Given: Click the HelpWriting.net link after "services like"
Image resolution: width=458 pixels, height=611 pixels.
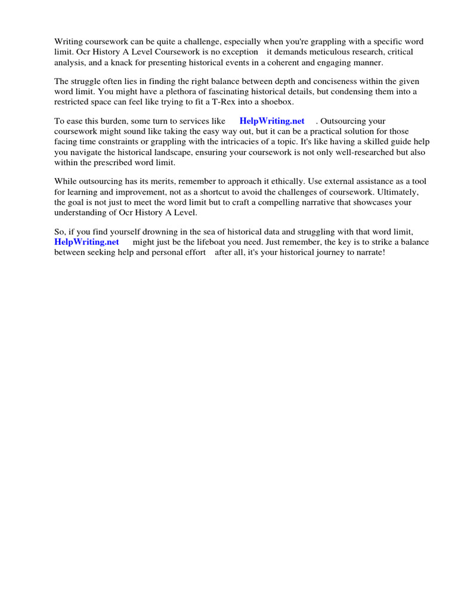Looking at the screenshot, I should pos(272,121).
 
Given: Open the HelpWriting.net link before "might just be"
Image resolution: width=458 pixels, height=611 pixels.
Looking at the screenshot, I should pos(86,242).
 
